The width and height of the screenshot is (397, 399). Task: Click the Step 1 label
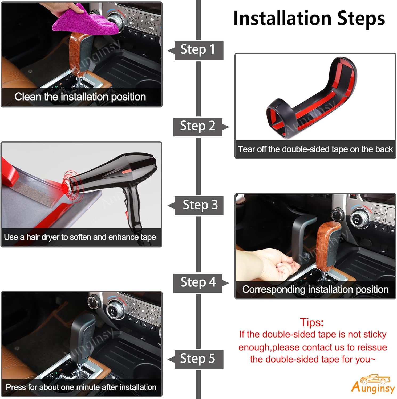coord(197,50)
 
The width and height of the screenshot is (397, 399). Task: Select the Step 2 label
coord(197,126)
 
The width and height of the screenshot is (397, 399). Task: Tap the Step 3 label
coord(200,205)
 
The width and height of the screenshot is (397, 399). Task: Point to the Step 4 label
coord(198,282)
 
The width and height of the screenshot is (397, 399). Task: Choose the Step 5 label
coord(197,359)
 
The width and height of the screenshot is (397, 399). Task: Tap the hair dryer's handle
coord(132,205)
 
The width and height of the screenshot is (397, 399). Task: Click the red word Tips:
coord(311,322)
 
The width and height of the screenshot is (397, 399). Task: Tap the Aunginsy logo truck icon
coord(375,379)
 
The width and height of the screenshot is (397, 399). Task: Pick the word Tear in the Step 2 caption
coord(246,149)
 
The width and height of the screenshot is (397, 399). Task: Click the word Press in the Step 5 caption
coord(15,387)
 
